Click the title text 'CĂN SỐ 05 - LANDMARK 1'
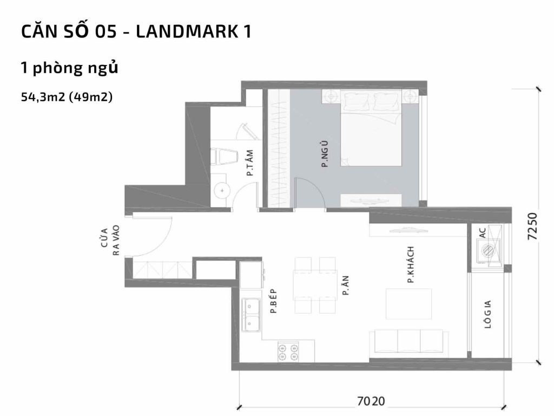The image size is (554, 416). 136,32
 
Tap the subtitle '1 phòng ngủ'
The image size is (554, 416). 69,68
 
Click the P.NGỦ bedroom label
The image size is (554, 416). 325,153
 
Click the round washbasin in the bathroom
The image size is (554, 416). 222,190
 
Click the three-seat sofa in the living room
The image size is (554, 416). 409,342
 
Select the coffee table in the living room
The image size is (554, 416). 408,304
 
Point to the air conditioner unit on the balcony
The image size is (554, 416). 487,251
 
